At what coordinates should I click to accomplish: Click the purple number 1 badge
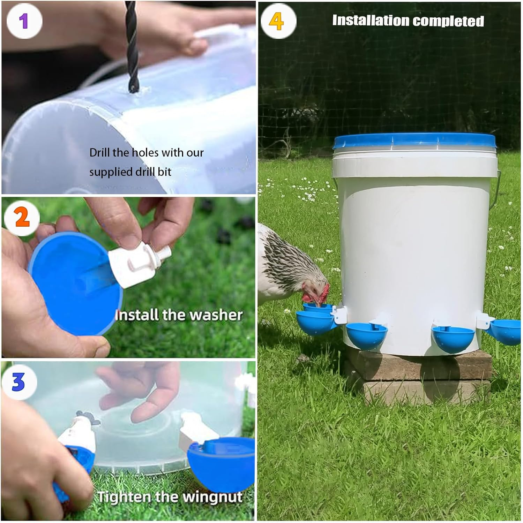click(24, 21)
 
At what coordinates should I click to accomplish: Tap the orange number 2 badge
click(22, 218)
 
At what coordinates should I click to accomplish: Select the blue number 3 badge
click(19, 382)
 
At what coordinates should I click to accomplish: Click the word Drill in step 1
click(99, 153)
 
